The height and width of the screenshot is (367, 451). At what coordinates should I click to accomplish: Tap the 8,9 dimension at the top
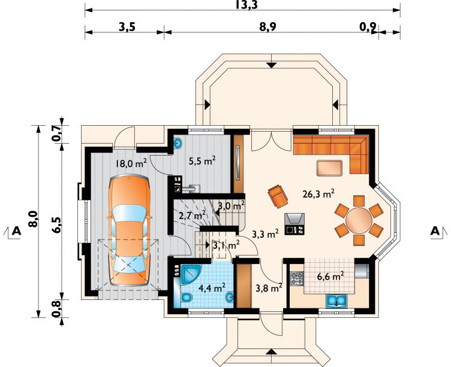(x=268, y=27)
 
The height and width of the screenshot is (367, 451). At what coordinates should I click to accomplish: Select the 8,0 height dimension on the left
(x=34, y=219)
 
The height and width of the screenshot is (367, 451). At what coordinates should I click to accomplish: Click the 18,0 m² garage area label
(x=131, y=163)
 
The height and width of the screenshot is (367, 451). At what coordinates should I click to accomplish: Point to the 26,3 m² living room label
(x=318, y=194)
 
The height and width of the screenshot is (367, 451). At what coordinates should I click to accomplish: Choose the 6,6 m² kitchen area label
(x=330, y=277)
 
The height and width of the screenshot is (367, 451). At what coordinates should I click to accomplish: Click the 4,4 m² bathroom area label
(x=212, y=287)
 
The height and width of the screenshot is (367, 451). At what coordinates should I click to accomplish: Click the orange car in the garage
(x=129, y=230)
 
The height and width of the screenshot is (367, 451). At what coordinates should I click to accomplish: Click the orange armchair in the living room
(x=278, y=196)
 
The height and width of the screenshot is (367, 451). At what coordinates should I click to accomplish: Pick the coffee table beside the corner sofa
(x=329, y=168)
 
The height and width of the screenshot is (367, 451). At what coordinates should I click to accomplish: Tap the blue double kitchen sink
(x=336, y=301)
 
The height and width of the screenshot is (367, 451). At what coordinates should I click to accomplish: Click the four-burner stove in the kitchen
(x=297, y=278)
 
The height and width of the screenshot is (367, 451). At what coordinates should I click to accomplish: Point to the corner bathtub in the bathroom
(x=190, y=274)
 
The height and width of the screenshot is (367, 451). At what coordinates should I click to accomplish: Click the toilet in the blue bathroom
(x=187, y=298)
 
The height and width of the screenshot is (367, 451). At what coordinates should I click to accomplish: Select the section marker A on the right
(x=437, y=231)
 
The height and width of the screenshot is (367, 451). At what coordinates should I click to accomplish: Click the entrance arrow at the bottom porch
(x=272, y=352)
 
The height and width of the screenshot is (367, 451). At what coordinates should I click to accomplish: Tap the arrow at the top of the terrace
(x=271, y=65)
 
